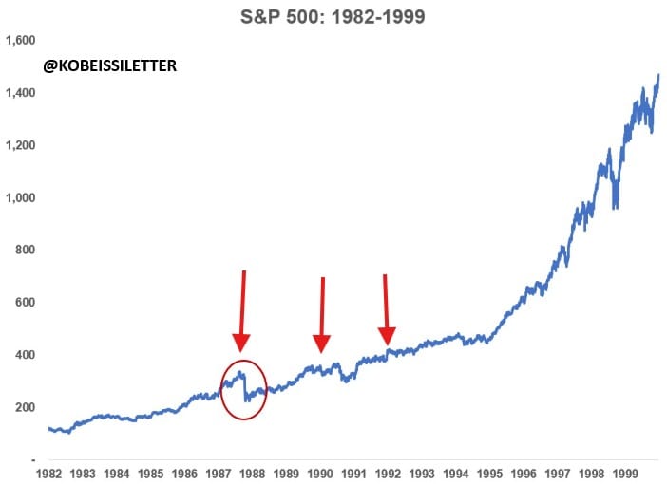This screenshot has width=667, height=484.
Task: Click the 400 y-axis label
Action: click(26, 355)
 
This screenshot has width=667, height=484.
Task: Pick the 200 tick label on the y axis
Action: click(26, 407)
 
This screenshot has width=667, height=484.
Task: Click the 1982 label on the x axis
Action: click(49, 472)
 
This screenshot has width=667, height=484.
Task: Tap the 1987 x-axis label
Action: click(219, 472)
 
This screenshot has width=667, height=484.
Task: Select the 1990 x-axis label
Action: click(320, 472)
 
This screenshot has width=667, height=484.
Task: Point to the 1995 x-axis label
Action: click(489, 472)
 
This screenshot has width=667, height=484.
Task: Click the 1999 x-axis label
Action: click(624, 472)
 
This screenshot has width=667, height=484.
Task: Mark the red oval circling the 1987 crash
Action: click(244, 389)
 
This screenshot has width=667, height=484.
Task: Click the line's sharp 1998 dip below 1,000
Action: click(616, 204)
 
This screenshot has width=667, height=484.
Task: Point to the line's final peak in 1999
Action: click(657, 76)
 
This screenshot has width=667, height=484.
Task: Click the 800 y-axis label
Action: click(26, 250)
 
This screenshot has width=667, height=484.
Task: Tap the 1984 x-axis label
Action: click(117, 472)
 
